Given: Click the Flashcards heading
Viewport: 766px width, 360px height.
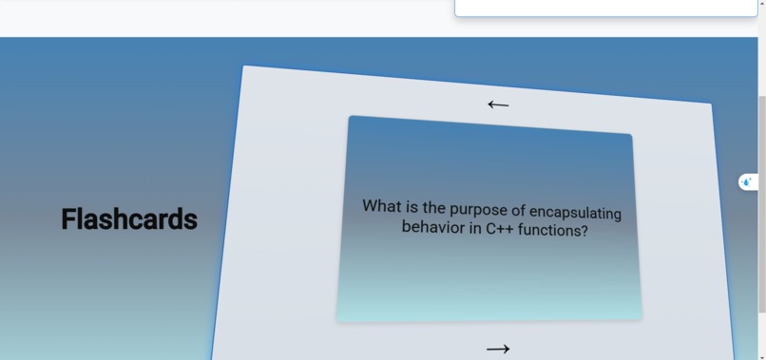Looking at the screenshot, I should click(129, 219).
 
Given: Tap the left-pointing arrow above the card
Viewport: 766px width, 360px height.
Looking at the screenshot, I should click(498, 104).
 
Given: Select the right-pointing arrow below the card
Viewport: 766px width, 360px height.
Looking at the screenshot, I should click(498, 350).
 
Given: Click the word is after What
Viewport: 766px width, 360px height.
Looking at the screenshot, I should click(412, 206).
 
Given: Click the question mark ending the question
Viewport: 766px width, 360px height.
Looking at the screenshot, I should click(584, 232).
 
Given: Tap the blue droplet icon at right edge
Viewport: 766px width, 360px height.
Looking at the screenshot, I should click(747, 181).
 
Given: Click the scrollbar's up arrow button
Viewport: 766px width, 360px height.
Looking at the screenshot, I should click(762, 5).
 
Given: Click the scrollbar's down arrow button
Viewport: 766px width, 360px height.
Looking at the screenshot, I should click(762, 355).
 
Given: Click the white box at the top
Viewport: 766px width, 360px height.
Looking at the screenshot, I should click(605, 8).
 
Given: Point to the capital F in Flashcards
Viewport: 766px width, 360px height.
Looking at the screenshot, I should click(69, 219).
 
